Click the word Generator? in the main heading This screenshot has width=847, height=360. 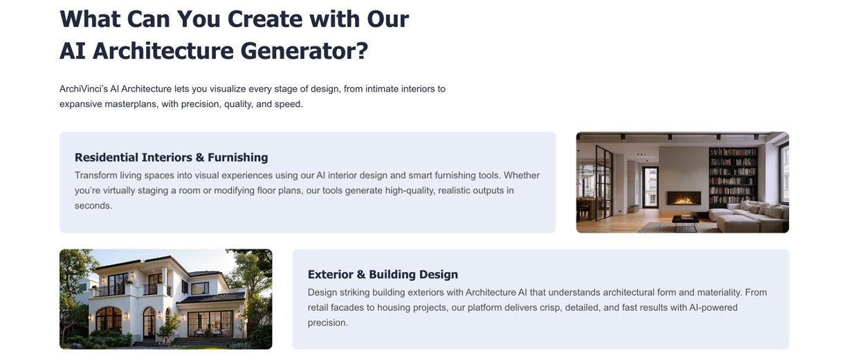(x=304, y=51)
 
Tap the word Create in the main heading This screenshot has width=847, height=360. (x=264, y=19)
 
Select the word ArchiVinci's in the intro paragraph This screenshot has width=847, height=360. (x=84, y=89)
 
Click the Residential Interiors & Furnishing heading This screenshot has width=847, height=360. (x=172, y=157)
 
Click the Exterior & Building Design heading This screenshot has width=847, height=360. (x=383, y=274)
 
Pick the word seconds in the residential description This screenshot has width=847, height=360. (x=93, y=206)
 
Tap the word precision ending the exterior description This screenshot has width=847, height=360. (x=327, y=323)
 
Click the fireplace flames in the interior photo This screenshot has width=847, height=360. (x=683, y=199)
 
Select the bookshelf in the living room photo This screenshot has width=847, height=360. (x=733, y=177)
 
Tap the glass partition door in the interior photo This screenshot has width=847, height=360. (x=604, y=182)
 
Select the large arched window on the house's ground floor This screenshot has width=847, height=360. (x=109, y=320)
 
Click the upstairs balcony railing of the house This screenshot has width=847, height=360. (x=109, y=290)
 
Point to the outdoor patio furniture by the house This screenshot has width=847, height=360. (x=208, y=332)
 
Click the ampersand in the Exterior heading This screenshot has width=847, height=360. (x=361, y=275)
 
